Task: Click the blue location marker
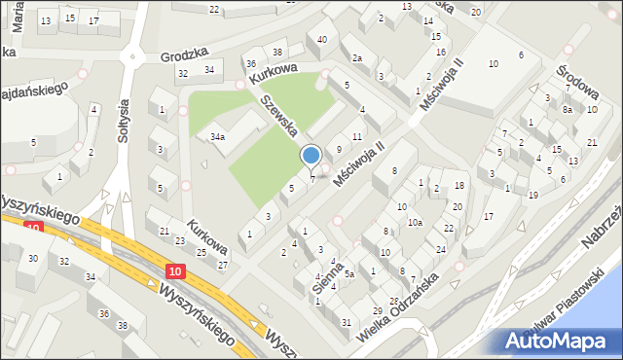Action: tap(311, 156)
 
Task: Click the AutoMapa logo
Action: tap(559, 342)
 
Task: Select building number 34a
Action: tap(218, 138)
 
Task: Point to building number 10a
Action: tap(415, 223)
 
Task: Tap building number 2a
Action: tap(357, 58)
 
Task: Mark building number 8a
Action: tap(567, 110)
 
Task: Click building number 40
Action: tap(321, 39)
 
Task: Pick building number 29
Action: tap(377, 310)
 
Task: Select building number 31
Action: tap(347, 322)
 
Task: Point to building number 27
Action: tap(222, 265)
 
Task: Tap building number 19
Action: tap(532, 196)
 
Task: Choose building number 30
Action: tap(33, 258)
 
